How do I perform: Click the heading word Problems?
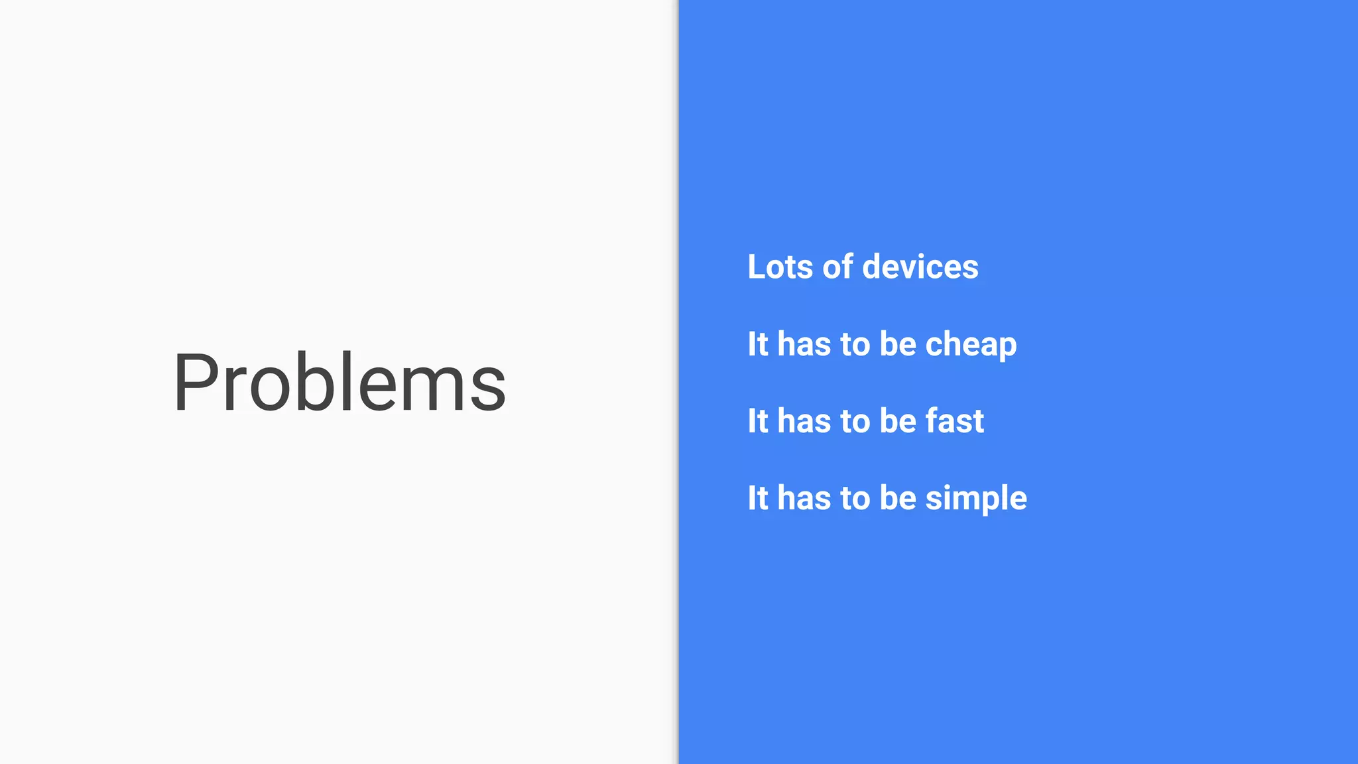339,383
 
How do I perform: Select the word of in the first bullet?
837,267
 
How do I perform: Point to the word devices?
920,267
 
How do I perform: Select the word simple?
976,499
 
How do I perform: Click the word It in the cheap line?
758,344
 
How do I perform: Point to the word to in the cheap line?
855,344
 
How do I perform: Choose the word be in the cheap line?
898,344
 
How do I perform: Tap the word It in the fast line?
758,421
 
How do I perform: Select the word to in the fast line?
855,421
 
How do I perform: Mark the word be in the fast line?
898,421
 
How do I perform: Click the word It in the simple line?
758,498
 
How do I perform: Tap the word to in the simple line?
855,498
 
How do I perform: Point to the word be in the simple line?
898,498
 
